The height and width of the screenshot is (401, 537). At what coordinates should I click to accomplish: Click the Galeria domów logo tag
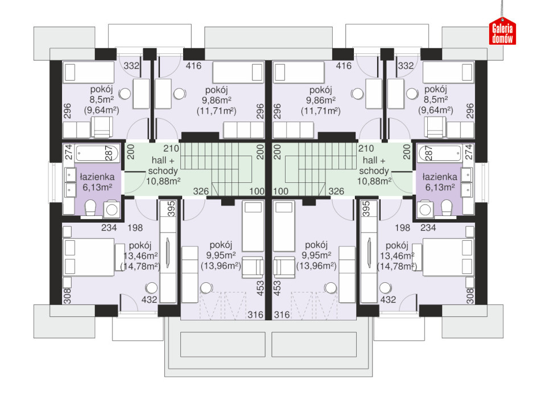pyautogui.click(x=502, y=31)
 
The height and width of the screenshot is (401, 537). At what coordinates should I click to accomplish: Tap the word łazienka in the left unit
pyautogui.click(x=97, y=177)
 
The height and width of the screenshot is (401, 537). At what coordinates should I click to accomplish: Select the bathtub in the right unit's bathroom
pyautogui.click(x=440, y=153)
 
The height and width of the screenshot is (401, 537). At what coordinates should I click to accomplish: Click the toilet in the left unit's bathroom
pyautogui.click(x=91, y=208)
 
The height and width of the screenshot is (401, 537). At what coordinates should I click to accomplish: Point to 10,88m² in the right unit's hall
pyautogui.click(x=374, y=181)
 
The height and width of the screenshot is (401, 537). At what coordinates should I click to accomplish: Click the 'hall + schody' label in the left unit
pyautogui.click(x=163, y=165)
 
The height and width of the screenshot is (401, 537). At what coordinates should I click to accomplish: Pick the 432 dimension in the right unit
pyautogui.click(x=388, y=299)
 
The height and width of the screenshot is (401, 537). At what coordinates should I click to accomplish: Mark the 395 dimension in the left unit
pyautogui.click(x=171, y=208)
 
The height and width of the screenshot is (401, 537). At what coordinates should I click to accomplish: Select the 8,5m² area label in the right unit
pyautogui.click(x=436, y=99)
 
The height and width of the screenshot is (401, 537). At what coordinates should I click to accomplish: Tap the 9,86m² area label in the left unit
pyautogui.click(x=216, y=100)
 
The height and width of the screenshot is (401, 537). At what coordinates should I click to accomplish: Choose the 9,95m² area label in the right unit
pyautogui.click(x=316, y=256)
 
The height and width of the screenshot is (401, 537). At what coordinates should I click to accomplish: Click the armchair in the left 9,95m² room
pyautogui.click(x=253, y=267)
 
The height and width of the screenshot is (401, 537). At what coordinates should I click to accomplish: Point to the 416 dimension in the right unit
pyautogui.click(x=344, y=66)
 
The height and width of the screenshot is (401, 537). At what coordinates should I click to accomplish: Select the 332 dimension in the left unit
pyautogui.click(x=131, y=65)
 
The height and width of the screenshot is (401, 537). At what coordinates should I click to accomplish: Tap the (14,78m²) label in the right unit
pyautogui.click(x=397, y=266)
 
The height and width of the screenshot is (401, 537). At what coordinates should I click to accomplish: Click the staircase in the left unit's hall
pyautogui.click(x=217, y=169)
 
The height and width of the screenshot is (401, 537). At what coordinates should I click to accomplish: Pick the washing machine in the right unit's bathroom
pyautogui.click(x=426, y=209)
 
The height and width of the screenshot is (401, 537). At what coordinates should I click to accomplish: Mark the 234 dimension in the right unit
pyautogui.click(x=428, y=228)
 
